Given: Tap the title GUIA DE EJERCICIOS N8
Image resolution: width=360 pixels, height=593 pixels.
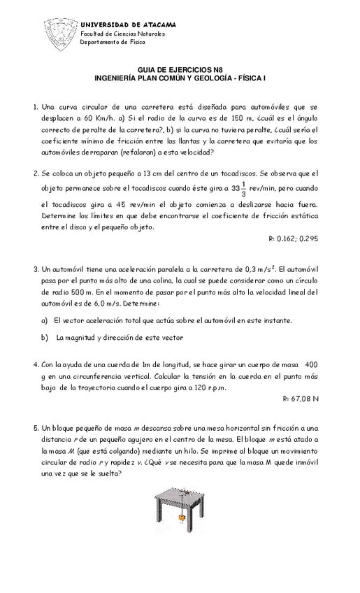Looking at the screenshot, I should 180,70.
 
